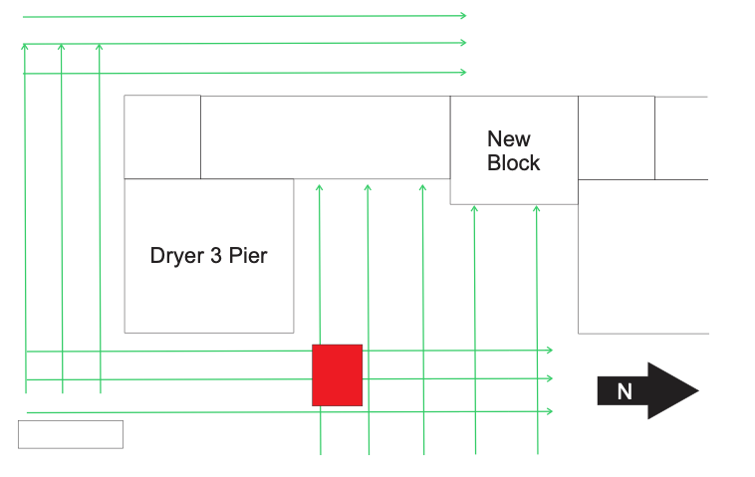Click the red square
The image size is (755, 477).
pyautogui.click(x=337, y=374)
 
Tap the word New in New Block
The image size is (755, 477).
pyautogui.click(x=509, y=139)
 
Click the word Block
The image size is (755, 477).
pyautogui.click(x=513, y=163)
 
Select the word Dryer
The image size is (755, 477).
pyautogui.click(x=177, y=255)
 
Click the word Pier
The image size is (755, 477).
pyautogui.click(x=248, y=255)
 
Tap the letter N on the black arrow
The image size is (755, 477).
pyautogui.click(x=625, y=391)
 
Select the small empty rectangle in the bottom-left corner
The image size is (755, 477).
pyautogui.click(x=71, y=434)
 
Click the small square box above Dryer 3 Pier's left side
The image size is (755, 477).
pyautogui.click(x=162, y=136)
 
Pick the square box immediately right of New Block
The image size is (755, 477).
pyautogui.click(x=617, y=137)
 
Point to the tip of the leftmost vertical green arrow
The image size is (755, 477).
pyautogui.click(x=25, y=46)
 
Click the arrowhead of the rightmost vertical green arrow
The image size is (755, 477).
pyautogui.click(x=537, y=209)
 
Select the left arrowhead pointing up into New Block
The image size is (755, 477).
pyautogui.click(x=475, y=209)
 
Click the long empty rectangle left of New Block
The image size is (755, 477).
pyautogui.click(x=325, y=136)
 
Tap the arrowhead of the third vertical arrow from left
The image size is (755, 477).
pyautogui.click(x=100, y=46)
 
